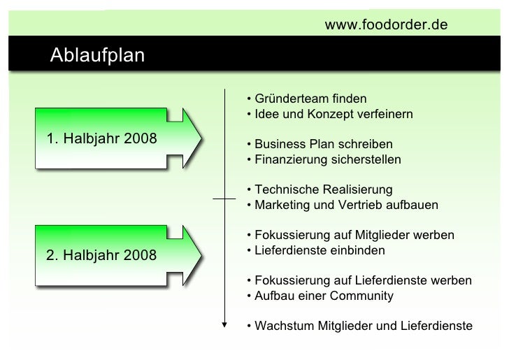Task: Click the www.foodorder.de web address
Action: [x=386, y=26]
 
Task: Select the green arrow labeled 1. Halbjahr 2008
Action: [x=115, y=138]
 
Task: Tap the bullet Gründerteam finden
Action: [x=306, y=98]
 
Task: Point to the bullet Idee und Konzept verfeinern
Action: [x=329, y=113]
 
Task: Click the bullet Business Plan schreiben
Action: [x=320, y=144]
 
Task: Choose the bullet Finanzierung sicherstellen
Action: [x=324, y=159]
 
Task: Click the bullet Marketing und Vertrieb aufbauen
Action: [x=342, y=206]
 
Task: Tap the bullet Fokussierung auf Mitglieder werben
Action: [x=350, y=235]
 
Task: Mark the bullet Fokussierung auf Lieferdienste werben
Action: [x=359, y=280]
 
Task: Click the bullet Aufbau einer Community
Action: [x=320, y=296]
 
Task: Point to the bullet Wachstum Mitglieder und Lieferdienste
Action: [x=359, y=326]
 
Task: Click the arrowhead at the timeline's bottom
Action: [x=224, y=324]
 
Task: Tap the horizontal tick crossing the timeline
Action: [x=224, y=199]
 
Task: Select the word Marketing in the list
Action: [x=280, y=206]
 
